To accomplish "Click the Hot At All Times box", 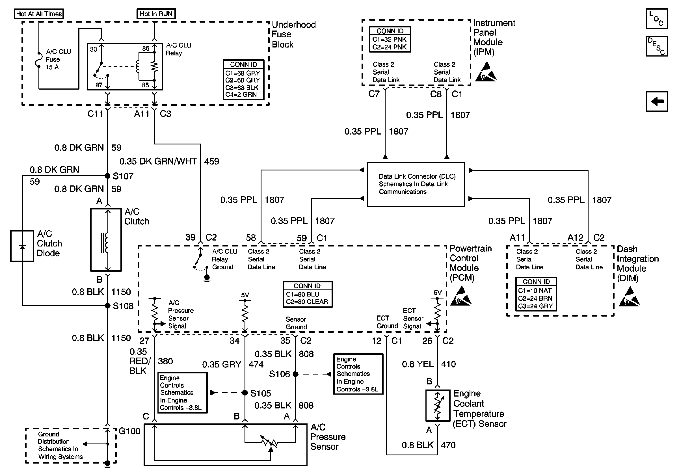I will (x=39, y=14).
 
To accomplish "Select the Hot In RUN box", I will (x=156, y=14).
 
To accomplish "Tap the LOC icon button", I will (x=657, y=19).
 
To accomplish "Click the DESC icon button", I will (x=657, y=46).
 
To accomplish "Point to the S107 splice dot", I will (x=108, y=176).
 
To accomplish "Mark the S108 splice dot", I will (x=108, y=306).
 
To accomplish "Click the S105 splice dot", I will (x=245, y=393).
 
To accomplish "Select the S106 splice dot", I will (x=295, y=374).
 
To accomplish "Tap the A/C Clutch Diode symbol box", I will (x=22, y=246).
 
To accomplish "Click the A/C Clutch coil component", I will (x=106, y=240).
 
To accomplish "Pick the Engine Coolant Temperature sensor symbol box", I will (x=438, y=406).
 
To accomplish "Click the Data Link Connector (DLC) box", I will (x=416, y=184).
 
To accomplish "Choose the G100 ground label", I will (x=129, y=431).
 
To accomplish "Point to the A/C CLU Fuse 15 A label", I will (x=58, y=59).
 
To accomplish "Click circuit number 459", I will (x=211, y=161).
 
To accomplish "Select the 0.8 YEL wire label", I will (x=418, y=364).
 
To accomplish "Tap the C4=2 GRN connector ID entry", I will (x=241, y=95).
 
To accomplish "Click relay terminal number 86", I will (x=146, y=49).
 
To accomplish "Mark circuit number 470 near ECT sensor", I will (x=448, y=445).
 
